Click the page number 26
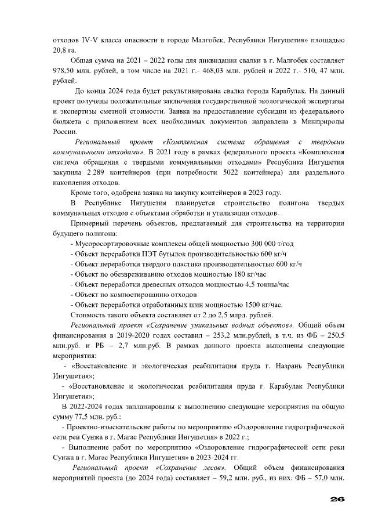(337, 499)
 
